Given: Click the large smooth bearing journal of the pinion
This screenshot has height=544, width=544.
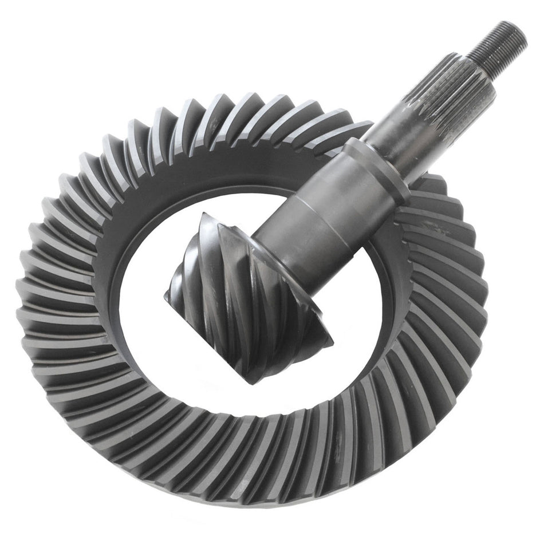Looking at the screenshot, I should tap(321, 212).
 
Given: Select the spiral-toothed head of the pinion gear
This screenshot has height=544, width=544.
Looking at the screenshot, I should tap(246, 292).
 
